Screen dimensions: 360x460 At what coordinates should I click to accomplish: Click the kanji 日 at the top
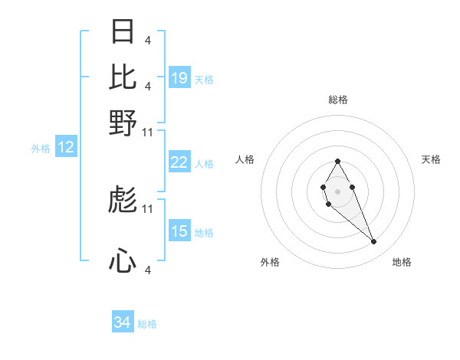123,31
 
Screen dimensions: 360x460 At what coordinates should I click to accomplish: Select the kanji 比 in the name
123,77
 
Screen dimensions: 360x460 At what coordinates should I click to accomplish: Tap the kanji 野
123,123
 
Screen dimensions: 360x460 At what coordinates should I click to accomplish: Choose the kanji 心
123,262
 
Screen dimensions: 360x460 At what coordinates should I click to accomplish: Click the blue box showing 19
179,78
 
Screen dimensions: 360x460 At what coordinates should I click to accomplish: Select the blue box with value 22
179,162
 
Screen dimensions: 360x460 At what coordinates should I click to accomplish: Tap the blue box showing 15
179,231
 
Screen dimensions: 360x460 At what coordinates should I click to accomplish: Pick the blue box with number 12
66,148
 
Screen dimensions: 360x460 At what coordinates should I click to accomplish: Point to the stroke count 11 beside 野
148,132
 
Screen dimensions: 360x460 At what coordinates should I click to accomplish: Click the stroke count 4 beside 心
147,270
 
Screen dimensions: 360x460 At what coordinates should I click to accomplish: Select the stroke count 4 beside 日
147,40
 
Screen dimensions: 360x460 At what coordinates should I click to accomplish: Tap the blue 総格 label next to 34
147,324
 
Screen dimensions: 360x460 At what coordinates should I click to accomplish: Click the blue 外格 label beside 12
41,149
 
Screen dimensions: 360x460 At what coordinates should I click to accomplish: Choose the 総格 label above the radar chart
338,100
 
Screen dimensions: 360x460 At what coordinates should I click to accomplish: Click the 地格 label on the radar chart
402,262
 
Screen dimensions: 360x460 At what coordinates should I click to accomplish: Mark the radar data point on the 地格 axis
374,242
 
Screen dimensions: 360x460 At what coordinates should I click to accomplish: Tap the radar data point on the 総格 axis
337,161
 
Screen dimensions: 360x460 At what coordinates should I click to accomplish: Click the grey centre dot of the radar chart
337,191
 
